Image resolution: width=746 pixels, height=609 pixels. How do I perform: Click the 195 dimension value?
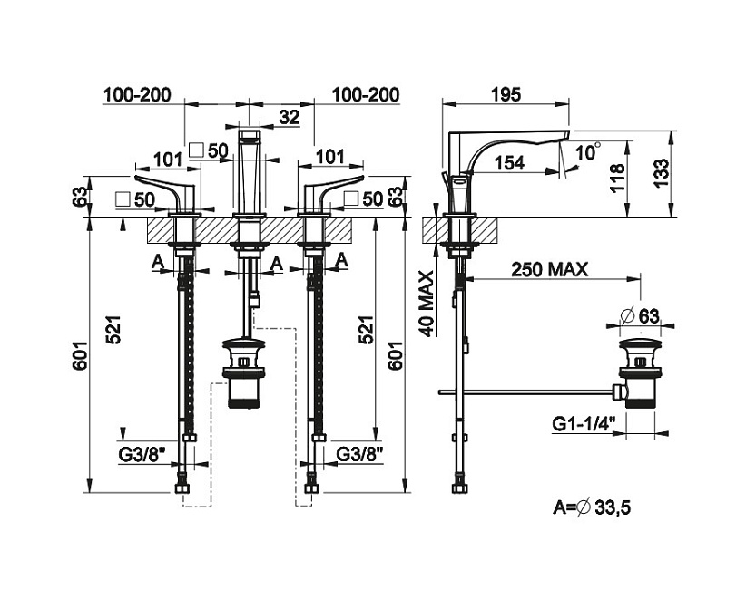505,94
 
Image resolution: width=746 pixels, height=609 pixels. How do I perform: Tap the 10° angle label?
587,151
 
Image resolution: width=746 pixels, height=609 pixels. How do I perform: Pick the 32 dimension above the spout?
290,117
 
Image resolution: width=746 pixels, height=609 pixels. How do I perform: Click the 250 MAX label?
549,268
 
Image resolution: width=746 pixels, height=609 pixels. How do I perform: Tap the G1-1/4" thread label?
584,422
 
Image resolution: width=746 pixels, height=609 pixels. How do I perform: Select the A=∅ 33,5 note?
591,507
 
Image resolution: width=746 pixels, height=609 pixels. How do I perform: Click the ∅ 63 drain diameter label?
645,315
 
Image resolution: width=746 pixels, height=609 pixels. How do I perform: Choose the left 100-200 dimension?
136,94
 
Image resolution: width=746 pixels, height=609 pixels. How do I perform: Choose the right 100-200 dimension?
366,94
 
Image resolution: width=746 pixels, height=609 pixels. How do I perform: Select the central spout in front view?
250,172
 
